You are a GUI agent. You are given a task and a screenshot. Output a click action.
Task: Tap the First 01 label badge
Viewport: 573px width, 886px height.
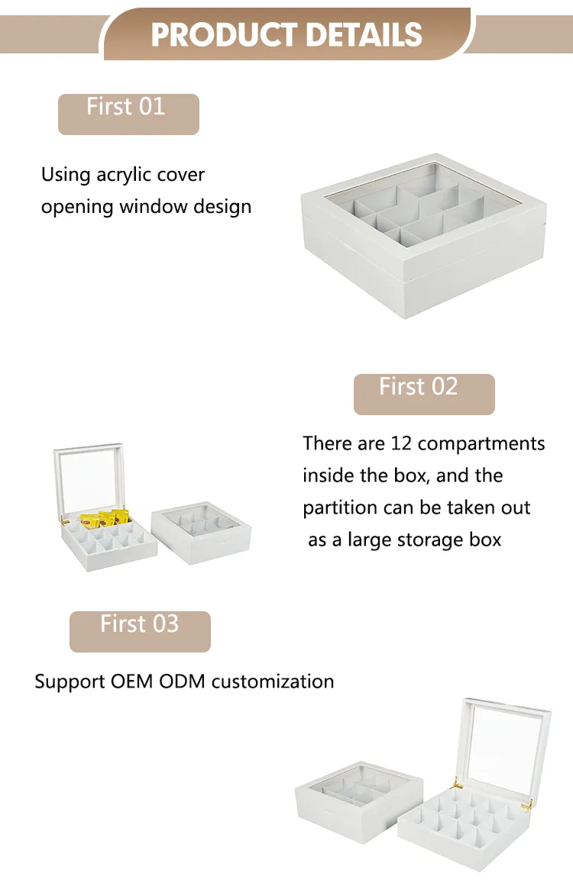point(128,114)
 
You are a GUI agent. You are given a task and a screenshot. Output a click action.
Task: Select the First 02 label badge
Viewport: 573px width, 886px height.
point(424,394)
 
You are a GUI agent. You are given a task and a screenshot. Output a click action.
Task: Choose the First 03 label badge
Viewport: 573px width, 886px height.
point(140,631)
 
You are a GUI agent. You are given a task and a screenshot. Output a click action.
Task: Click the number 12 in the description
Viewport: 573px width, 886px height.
point(401,443)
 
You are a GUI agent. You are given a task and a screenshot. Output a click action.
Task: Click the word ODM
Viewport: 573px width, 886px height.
point(182,681)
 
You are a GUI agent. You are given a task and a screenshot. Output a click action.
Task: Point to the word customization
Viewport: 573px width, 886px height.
point(273,681)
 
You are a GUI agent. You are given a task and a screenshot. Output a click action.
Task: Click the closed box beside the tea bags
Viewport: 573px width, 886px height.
point(201,532)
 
